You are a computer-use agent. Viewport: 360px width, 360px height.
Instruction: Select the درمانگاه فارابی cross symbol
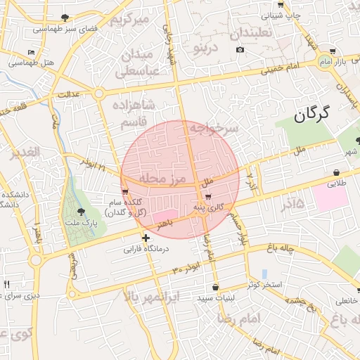(146, 238)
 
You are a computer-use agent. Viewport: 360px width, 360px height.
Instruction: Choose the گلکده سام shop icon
(125, 191)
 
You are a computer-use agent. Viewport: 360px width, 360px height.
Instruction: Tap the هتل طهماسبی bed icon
(30, 53)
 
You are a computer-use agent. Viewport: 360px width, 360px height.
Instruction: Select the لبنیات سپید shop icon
(214, 287)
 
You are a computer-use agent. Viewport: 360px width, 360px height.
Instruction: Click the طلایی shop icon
(337, 173)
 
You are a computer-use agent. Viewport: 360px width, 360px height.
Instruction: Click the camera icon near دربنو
(240, 49)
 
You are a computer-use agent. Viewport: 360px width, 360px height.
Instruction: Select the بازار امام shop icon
(332, 51)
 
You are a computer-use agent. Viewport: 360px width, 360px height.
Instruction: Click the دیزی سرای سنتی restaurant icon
(6, 284)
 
